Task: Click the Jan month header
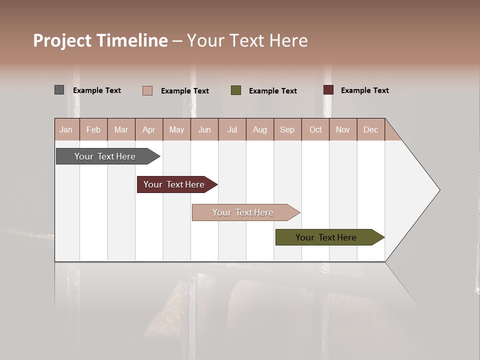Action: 66,129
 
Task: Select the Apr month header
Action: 148,129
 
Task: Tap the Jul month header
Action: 232,129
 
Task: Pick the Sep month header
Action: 287,129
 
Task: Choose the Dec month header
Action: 370,129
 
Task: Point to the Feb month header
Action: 93,129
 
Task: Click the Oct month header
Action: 315,129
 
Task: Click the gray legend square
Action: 59,90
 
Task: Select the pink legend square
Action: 147,90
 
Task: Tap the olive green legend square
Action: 236,90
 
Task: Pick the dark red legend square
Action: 328,90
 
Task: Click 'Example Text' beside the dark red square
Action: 364,90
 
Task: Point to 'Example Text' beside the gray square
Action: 97,90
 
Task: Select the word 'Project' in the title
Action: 62,40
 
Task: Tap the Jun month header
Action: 204,129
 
